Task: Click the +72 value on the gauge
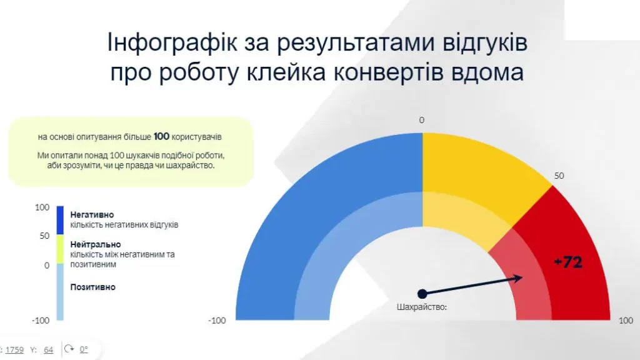click(567, 262)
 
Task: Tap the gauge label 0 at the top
click(421, 120)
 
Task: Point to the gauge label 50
click(559, 176)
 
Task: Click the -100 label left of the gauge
click(216, 321)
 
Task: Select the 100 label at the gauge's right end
click(626, 321)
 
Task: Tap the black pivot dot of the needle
click(422, 293)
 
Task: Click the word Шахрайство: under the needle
click(422, 307)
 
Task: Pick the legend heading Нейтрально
click(96, 244)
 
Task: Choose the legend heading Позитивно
click(92, 287)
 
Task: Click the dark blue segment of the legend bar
click(60, 221)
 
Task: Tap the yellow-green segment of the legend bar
click(60, 249)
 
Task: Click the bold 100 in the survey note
click(161, 136)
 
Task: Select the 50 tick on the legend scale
click(44, 236)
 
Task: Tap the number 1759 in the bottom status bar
click(15, 350)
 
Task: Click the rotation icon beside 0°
click(69, 349)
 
